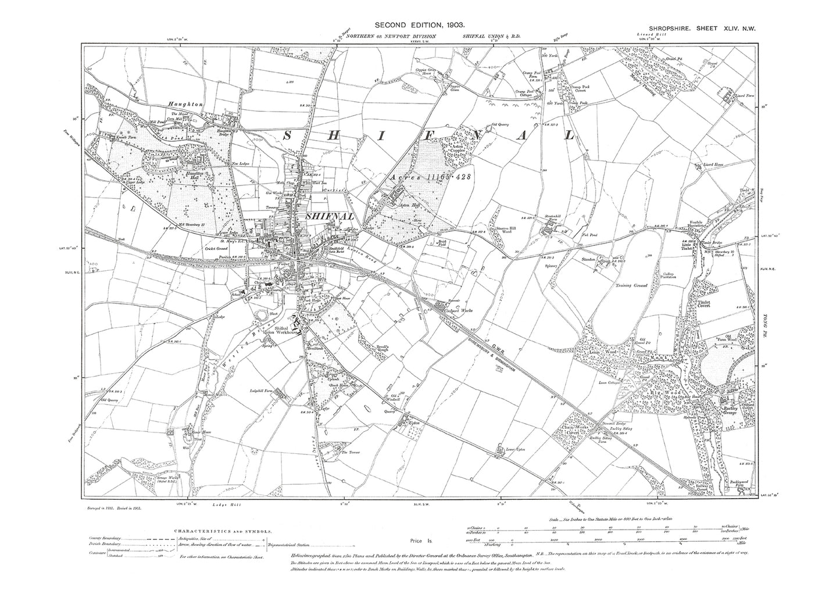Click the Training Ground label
[631, 286]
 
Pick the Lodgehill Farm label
[262, 390]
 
